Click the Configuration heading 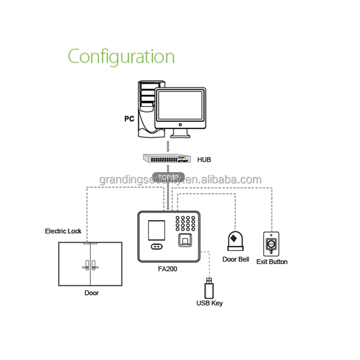(x=121, y=57)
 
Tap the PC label (x=130, y=119)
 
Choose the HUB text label (x=204, y=159)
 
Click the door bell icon (x=235, y=241)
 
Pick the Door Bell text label (x=235, y=260)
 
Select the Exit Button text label (x=272, y=261)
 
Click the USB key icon (x=208, y=287)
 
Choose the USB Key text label (x=209, y=303)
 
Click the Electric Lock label (x=63, y=231)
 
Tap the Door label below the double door (x=91, y=293)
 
